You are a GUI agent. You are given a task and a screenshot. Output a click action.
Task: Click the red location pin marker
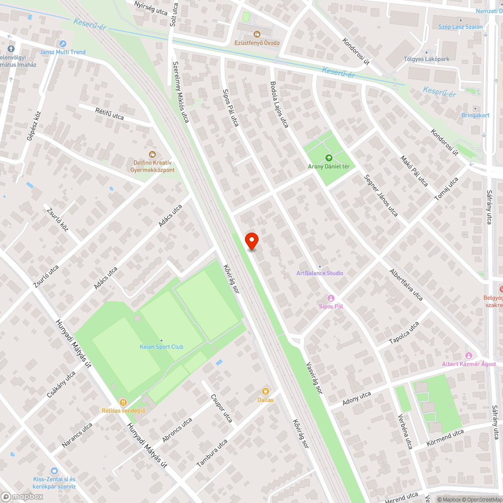(x=251, y=241)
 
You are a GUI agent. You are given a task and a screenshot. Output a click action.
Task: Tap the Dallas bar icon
(x=266, y=391)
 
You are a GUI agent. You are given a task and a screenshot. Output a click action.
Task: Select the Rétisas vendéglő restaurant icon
(x=123, y=402)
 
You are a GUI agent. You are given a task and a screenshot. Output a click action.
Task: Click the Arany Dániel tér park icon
(x=329, y=158)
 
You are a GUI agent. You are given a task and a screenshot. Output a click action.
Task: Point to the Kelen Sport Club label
(x=161, y=347)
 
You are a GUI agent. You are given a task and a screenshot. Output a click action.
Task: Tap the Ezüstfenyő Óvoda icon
(x=257, y=34)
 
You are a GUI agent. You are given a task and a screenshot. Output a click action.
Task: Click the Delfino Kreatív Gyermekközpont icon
(x=152, y=154)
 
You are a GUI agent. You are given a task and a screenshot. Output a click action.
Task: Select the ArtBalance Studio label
(x=320, y=273)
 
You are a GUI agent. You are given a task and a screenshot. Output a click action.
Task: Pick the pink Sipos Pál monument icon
(x=330, y=298)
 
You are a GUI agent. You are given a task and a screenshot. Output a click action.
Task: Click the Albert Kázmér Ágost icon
(x=469, y=356)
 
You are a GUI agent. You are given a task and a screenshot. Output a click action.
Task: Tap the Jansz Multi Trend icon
(x=63, y=44)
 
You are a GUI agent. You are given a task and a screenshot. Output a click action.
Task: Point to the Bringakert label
(x=475, y=115)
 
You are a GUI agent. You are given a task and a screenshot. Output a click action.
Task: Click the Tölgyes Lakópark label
(x=427, y=59)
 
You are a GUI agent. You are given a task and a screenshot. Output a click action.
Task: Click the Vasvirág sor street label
(x=312, y=378)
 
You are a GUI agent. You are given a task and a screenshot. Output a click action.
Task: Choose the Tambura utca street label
(x=212, y=453)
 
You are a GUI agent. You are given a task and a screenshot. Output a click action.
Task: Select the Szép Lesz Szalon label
(x=460, y=27)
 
